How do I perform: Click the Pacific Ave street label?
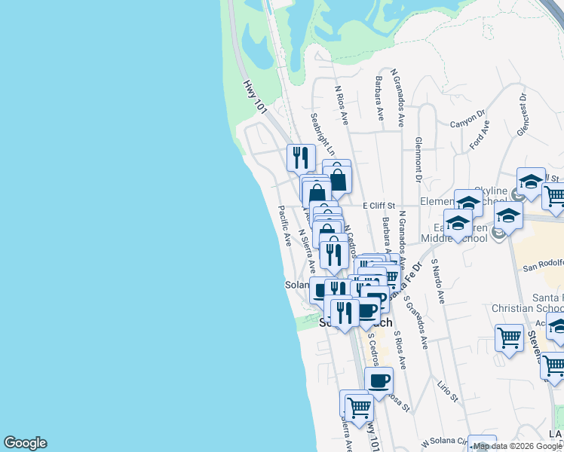click(x=285, y=227)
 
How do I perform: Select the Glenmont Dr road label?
click(x=417, y=159)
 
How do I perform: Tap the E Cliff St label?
click(x=379, y=206)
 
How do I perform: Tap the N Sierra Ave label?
click(x=306, y=251)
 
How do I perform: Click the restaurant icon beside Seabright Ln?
click(x=301, y=157)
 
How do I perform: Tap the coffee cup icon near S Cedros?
click(x=379, y=380)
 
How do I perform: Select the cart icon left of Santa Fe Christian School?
click(x=510, y=337)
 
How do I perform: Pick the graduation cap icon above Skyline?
click(x=531, y=181)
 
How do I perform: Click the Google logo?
click(x=25, y=443)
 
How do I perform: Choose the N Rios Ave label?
click(x=342, y=103)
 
